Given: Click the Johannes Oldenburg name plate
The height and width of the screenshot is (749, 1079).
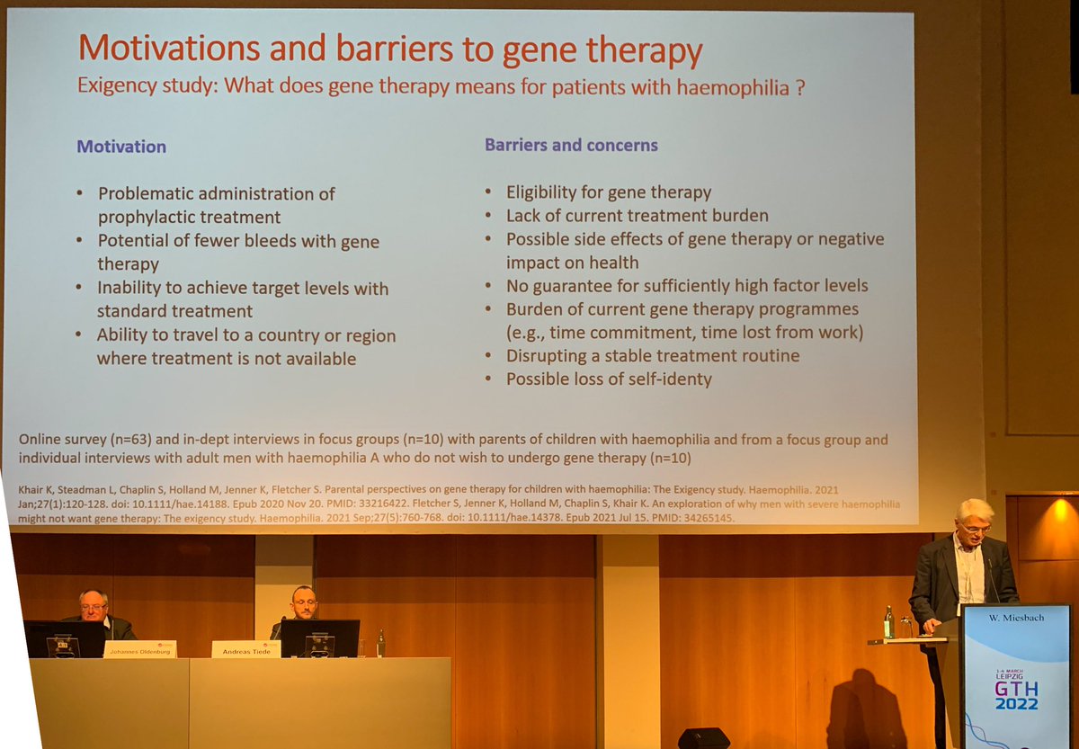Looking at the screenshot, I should [139, 648].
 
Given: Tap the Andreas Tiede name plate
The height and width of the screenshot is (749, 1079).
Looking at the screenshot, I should [245, 648].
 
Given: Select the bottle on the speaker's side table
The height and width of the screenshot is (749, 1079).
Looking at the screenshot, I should [888, 622].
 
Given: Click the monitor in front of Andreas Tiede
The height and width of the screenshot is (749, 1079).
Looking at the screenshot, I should [320, 638].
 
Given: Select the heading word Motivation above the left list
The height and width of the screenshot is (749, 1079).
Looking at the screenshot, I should [121, 147].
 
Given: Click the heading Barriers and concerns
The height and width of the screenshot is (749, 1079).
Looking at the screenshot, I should [571, 145].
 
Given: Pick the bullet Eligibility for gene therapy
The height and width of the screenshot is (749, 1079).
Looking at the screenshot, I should [608, 192].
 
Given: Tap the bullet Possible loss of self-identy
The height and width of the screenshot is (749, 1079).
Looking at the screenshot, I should [608, 379].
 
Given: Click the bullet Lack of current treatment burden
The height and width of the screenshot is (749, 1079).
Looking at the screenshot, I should [637, 216].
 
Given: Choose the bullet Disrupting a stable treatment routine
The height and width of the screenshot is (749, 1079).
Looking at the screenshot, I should [652, 356].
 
